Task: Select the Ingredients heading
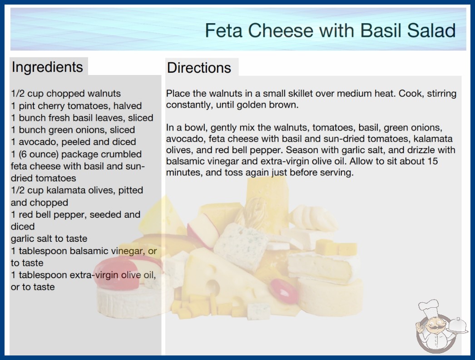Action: click(47, 67)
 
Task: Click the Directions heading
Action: click(199, 68)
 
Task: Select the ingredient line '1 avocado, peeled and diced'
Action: click(73, 142)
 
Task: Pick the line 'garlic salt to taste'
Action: click(49, 239)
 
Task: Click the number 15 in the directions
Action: click(432, 161)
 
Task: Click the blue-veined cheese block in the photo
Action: click(241, 246)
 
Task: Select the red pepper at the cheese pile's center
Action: click(284, 290)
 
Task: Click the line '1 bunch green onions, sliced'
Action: click(73, 130)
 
